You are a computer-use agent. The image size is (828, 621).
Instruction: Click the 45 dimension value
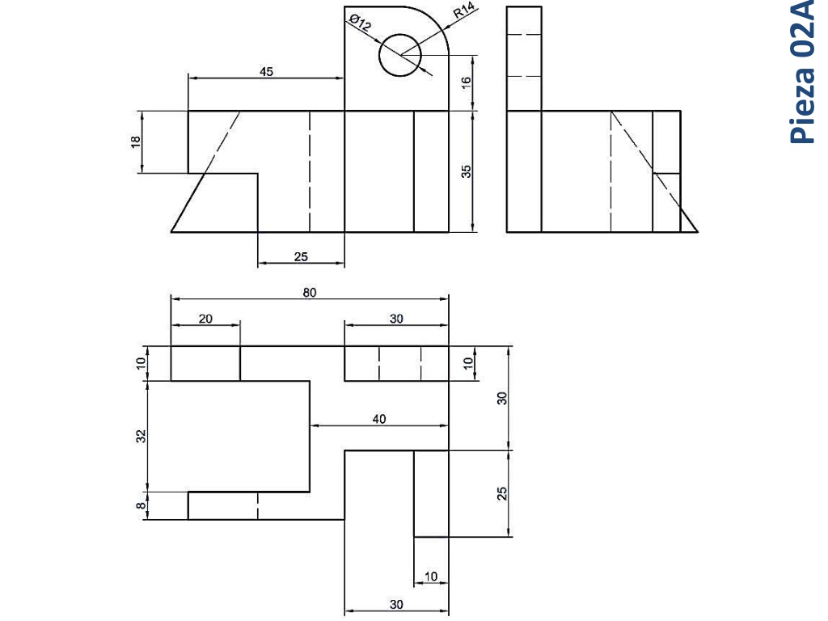coord(266,71)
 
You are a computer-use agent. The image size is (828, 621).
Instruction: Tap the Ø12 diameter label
coord(361,22)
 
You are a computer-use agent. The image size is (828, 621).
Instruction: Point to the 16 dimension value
coord(466,82)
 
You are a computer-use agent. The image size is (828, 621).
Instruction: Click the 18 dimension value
coord(136,142)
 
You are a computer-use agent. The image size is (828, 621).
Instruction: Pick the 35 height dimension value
coord(466,171)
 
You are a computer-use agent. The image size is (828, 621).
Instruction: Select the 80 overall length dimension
coord(310,293)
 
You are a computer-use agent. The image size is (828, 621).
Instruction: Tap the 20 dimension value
coord(205,319)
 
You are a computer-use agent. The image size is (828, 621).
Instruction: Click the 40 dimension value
coord(379,420)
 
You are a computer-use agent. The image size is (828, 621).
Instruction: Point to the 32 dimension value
coord(141,436)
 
